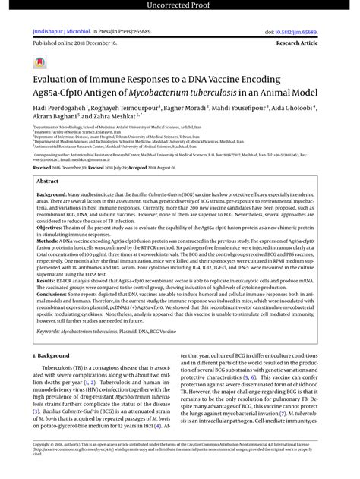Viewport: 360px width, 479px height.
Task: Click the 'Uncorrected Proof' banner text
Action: [x=179, y=6]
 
